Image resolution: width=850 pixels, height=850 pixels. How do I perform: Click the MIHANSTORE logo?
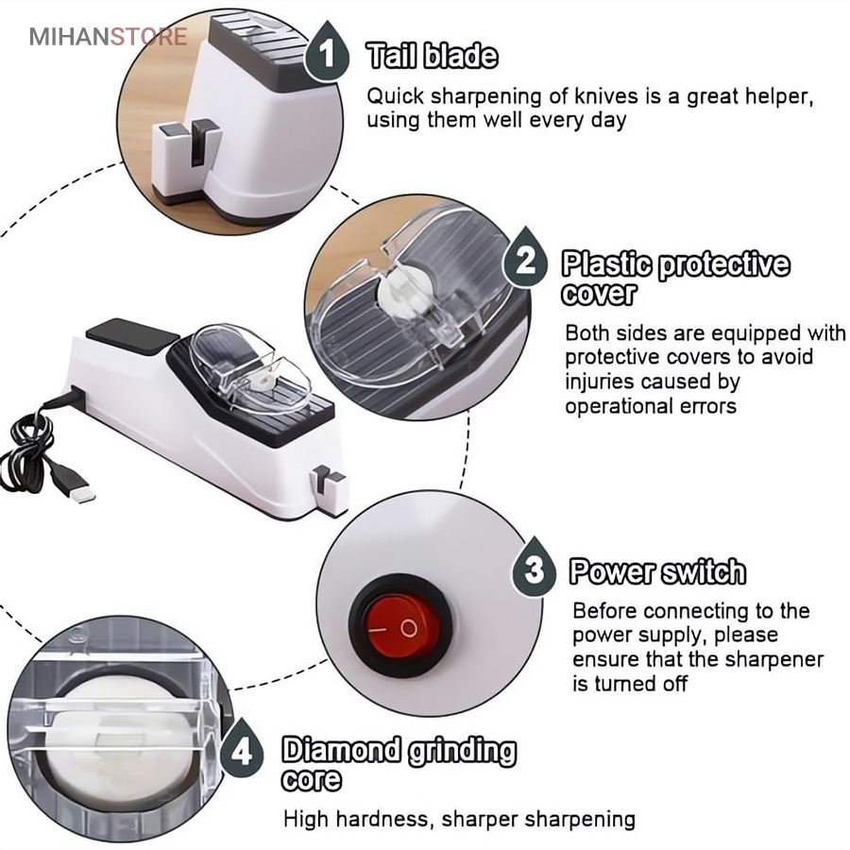click(109, 37)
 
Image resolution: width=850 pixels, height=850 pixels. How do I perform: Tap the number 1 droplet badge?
click(327, 52)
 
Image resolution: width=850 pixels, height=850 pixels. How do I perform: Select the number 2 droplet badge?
click(525, 259)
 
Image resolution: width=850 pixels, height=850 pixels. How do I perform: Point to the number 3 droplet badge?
click(534, 568)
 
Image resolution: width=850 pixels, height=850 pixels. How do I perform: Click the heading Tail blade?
click(432, 56)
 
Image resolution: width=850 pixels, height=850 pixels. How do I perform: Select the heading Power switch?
click(657, 571)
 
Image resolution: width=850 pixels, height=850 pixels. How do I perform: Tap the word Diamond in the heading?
click(342, 750)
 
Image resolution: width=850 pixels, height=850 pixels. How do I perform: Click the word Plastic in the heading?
click(606, 264)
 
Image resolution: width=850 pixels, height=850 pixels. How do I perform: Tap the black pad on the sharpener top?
click(133, 336)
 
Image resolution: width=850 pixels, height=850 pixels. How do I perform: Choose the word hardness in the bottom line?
click(383, 819)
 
